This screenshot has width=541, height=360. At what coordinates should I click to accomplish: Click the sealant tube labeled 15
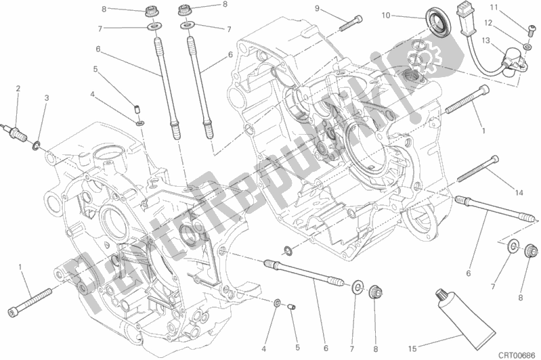tap(464, 315)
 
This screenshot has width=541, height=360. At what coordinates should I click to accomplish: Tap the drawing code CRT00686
tap(516, 355)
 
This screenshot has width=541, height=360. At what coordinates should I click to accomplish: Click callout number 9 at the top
tap(317, 8)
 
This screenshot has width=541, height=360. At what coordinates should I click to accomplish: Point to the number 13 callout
tap(485, 41)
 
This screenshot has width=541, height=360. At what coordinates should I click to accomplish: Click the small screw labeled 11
tap(532, 31)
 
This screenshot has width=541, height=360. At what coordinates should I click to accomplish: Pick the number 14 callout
tap(519, 193)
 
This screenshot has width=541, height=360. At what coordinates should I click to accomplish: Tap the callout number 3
tap(46, 98)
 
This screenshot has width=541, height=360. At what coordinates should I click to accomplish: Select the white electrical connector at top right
tap(464, 12)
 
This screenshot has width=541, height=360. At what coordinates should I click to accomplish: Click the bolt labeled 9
tap(351, 23)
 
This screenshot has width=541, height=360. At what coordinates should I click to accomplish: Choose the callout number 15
tap(412, 349)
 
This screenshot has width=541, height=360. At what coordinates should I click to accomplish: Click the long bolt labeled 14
tap(479, 168)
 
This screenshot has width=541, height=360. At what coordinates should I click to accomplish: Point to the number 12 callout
tap(488, 23)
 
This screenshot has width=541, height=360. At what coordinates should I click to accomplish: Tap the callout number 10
tap(386, 15)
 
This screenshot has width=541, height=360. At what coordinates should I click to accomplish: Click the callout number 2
tap(18, 89)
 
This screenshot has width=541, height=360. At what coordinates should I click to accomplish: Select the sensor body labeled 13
tap(514, 59)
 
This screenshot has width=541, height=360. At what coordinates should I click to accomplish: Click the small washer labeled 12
tap(527, 46)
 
